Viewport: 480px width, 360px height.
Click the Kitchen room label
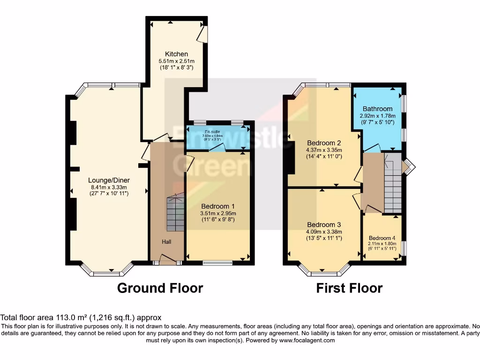(x=176, y=54)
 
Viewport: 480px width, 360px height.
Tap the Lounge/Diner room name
(x=109, y=180)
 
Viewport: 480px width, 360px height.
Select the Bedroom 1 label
(x=217, y=206)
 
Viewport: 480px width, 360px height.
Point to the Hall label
(x=166, y=241)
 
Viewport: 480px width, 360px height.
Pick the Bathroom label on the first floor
(x=377, y=109)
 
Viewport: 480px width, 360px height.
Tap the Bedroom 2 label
(x=323, y=143)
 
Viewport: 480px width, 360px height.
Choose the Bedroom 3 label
(x=323, y=225)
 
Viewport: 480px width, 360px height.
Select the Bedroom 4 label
(x=382, y=238)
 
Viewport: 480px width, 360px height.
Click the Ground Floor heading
(x=160, y=288)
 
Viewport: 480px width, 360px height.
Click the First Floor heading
(x=349, y=288)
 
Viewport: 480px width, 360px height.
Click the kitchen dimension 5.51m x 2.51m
(x=176, y=61)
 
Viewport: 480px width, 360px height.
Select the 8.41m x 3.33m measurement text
(x=109, y=187)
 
